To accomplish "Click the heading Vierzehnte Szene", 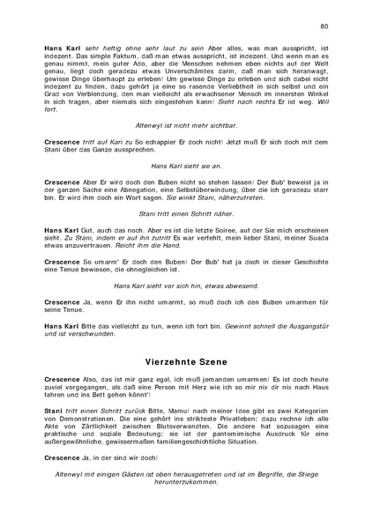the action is tap(186, 360).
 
